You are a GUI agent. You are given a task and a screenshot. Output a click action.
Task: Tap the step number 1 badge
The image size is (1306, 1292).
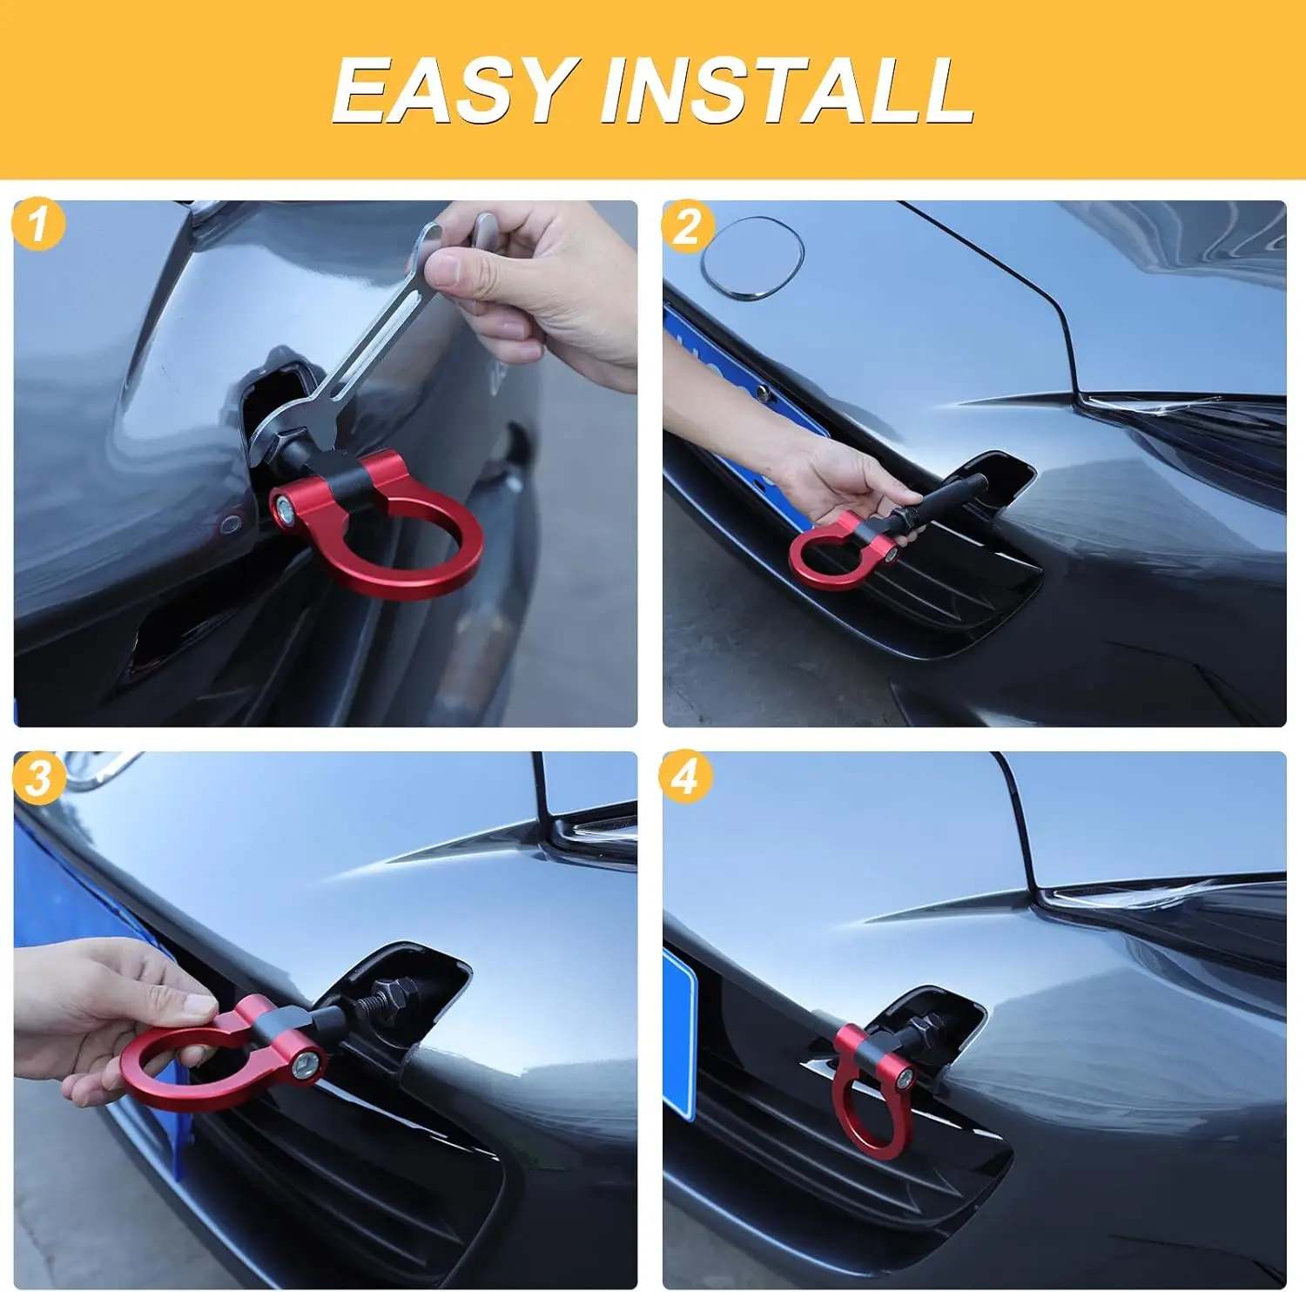(37, 225)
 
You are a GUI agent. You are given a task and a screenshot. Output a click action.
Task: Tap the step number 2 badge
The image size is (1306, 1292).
(687, 226)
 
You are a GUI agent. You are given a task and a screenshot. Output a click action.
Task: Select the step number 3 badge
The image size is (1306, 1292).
(38, 777)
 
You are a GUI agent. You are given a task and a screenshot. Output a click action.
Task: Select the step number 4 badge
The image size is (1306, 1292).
(685, 776)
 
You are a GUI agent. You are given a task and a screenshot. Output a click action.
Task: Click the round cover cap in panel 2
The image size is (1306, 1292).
(752, 259)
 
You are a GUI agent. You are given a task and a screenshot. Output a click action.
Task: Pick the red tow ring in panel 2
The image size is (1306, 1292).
(823, 562)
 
